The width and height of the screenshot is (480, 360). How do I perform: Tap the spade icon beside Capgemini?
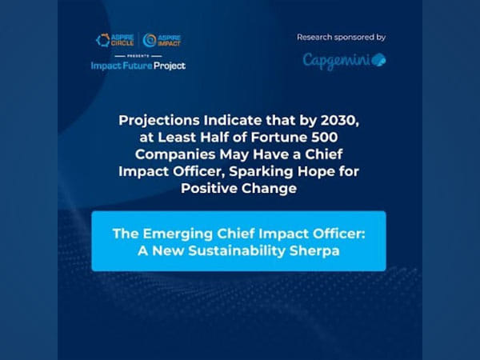click(x=378, y=60)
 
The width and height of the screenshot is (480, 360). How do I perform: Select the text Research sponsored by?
click(x=341, y=37)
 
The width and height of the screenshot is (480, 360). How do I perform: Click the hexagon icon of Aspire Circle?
click(x=102, y=39)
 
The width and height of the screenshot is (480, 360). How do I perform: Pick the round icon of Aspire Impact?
click(x=150, y=39)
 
